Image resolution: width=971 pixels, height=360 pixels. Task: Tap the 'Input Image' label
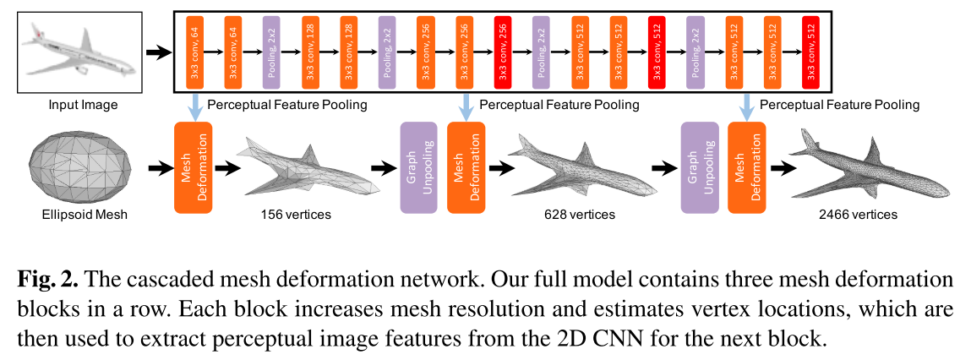(x=76, y=105)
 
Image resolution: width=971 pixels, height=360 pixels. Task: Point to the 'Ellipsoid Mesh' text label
(x=77, y=215)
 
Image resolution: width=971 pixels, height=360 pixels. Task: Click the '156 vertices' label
(x=296, y=215)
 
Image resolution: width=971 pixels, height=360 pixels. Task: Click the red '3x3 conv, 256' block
(x=502, y=52)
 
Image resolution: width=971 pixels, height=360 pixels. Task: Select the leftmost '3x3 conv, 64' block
(x=194, y=52)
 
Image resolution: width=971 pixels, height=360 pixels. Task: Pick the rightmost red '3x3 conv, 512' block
(x=811, y=52)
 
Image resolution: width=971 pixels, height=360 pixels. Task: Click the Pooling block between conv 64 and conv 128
(x=271, y=52)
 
